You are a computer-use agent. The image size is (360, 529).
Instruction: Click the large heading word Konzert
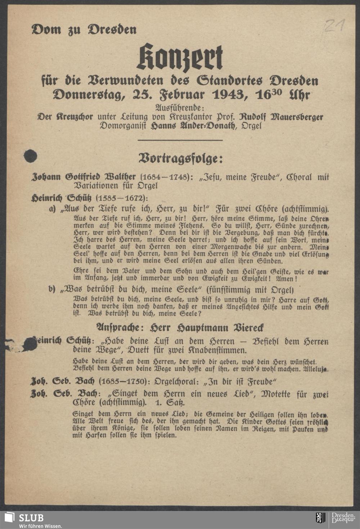click(x=180, y=58)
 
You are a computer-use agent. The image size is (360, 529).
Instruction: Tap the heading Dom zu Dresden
click(x=84, y=29)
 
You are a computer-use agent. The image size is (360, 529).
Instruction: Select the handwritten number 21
click(x=335, y=26)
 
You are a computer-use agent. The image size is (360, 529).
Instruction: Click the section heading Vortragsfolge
click(x=181, y=158)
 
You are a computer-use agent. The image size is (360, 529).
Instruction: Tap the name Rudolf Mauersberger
click(x=281, y=117)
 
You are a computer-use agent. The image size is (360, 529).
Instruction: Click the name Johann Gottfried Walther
click(x=84, y=177)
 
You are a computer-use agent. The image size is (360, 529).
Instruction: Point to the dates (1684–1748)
click(x=164, y=177)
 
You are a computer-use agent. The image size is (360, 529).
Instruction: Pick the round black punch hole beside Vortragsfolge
click(x=30, y=156)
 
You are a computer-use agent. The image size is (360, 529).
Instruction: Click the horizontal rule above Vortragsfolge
click(x=180, y=140)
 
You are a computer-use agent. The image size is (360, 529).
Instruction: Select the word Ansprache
click(x=120, y=328)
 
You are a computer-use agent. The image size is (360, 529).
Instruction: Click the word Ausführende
click(x=180, y=108)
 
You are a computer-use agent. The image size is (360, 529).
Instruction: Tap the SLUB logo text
click(x=31, y=518)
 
